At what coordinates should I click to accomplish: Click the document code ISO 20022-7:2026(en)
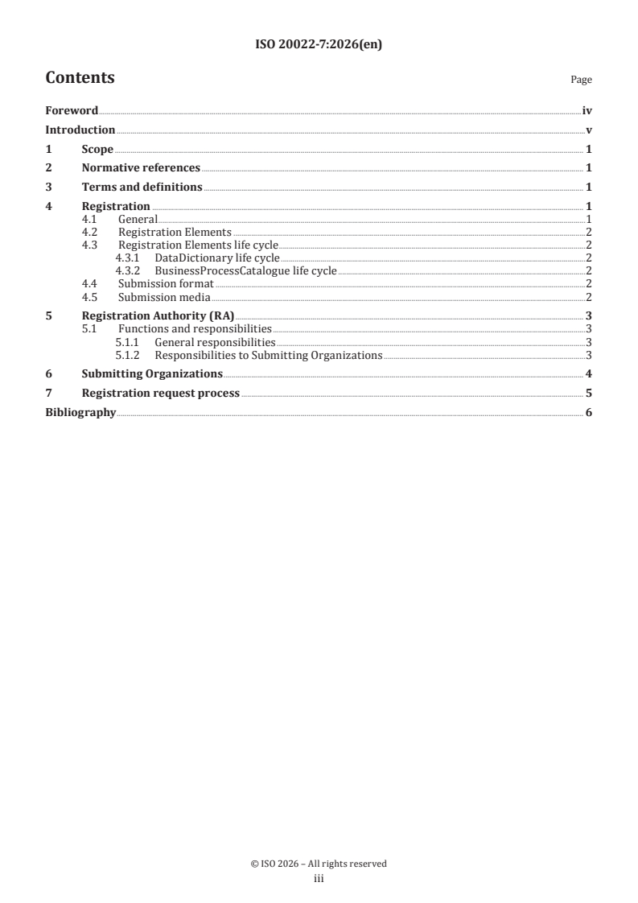coord(318,45)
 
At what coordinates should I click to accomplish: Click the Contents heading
coord(80,78)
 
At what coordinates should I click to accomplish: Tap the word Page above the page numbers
coord(581,80)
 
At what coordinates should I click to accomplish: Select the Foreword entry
coord(72,110)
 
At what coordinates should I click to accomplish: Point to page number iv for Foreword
coord(587,110)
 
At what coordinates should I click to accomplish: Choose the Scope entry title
coord(97,149)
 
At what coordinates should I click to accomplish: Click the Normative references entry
coord(141,168)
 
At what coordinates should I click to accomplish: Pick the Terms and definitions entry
coord(142,188)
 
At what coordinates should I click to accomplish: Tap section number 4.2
coord(90,232)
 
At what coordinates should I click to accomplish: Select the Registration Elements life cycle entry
coord(198,245)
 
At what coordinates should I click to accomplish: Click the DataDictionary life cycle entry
coord(217,258)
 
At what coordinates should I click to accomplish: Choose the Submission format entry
coord(166,284)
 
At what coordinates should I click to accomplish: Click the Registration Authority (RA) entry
coord(158,316)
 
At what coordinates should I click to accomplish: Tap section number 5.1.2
coord(127,355)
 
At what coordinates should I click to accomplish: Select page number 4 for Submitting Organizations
coord(589,374)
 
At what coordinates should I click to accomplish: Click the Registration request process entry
coord(161,394)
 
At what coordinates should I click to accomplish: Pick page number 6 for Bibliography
coord(589,413)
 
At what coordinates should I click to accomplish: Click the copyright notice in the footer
coord(318,864)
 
